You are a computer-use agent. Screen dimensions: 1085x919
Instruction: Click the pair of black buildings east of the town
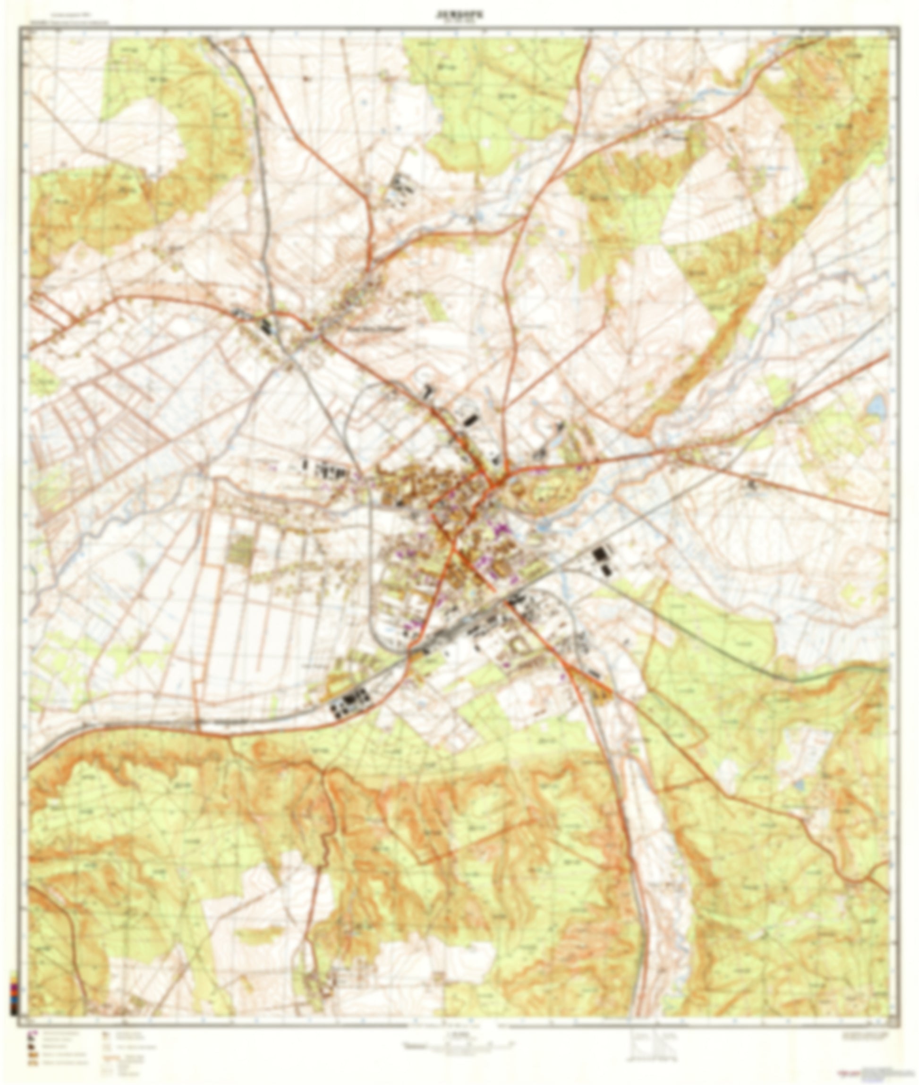602,561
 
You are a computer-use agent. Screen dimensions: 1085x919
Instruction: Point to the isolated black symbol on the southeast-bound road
750,485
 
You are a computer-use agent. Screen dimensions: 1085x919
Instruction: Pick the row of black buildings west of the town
325,471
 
